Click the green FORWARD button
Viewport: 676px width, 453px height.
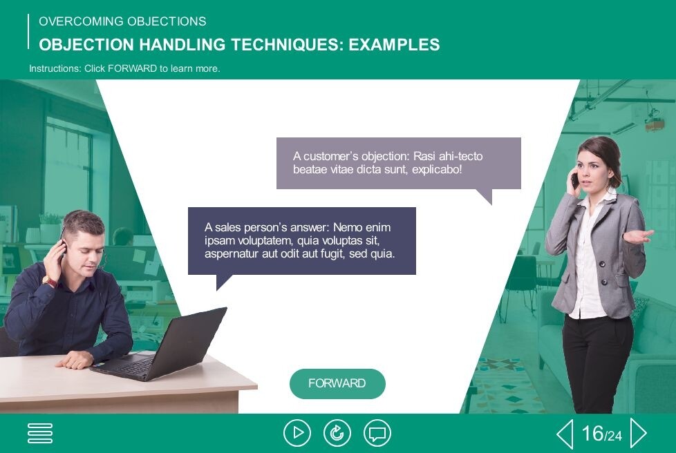pyautogui.click(x=337, y=384)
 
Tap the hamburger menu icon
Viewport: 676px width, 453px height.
pyautogui.click(x=40, y=433)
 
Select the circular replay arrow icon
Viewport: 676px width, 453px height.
pyautogui.click(x=337, y=433)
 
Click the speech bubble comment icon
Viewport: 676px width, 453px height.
pyautogui.click(x=377, y=433)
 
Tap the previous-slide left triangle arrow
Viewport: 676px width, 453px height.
pyautogui.click(x=565, y=433)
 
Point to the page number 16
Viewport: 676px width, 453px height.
pyautogui.click(x=592, y=433)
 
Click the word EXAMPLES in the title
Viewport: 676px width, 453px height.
pyautogui.click(x=394, y=45)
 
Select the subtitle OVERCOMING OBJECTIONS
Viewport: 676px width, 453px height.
pyautogui.click(x=122, y=21)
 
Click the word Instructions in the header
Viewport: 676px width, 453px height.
pyautogui.click(x=55, y=68)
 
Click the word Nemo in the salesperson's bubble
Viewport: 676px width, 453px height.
pyautogui.click(x=348, y=227)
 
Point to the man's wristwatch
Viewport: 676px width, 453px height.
pyautogui.click(x=50, y=282)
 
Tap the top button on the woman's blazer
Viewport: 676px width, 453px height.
pyautogui.click(x=602, y=264)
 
